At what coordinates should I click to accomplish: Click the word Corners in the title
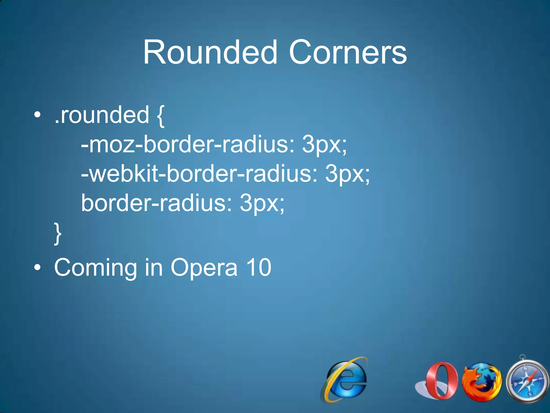pyautogui.click(x=348, y=52)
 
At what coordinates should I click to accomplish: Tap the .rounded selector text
pyautogui.click(x=102, y=115)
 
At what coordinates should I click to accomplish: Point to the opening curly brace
pyautogui.click(x=160, y=116)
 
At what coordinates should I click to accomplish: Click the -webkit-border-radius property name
pyautogui.click(x=199, y=174)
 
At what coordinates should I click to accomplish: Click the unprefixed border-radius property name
pyautogui.click(x=156, y=203)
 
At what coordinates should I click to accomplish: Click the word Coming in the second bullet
pyautogui.click(x=96, y=268)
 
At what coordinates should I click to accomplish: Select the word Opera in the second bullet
pyautogui.click(x=204, y=268)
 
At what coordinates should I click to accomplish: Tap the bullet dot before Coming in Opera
pyautogui.click(x=38, y=268)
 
